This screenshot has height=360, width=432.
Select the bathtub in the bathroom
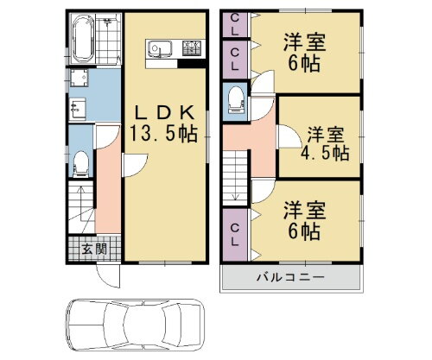[84, 38]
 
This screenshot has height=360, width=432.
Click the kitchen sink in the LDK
[161, 47]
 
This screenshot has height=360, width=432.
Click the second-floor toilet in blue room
[236, 103]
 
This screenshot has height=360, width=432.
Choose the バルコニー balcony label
[289, 278]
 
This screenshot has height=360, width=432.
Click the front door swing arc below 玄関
[107, 277]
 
